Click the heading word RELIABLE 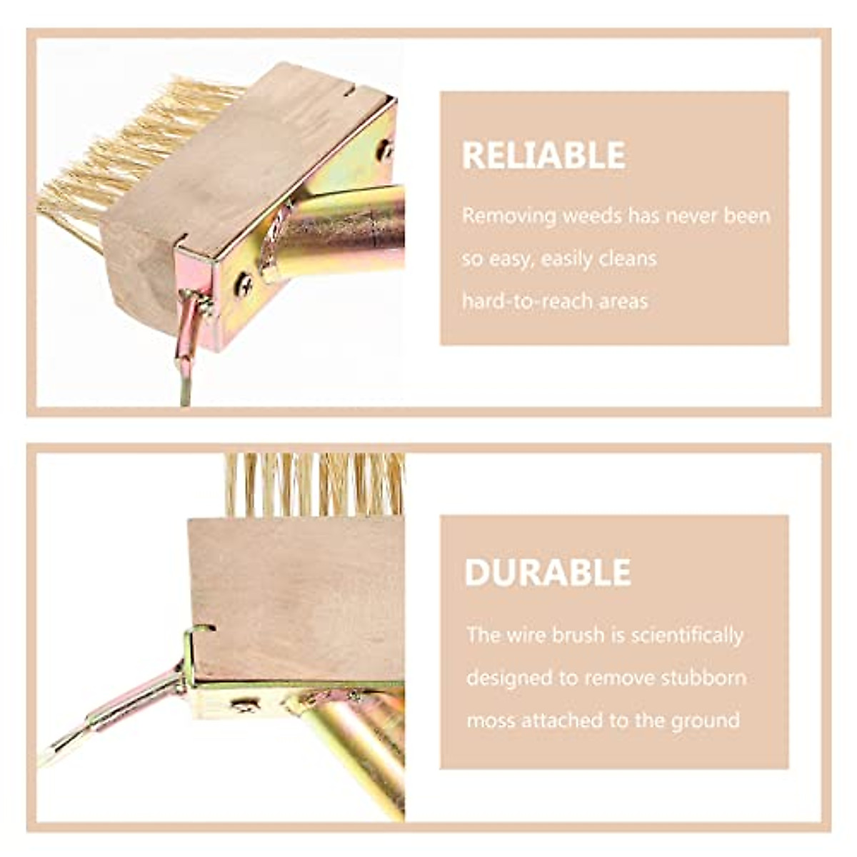543,155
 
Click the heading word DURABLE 548,572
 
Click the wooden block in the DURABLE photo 293,593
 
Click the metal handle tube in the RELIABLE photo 343,229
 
